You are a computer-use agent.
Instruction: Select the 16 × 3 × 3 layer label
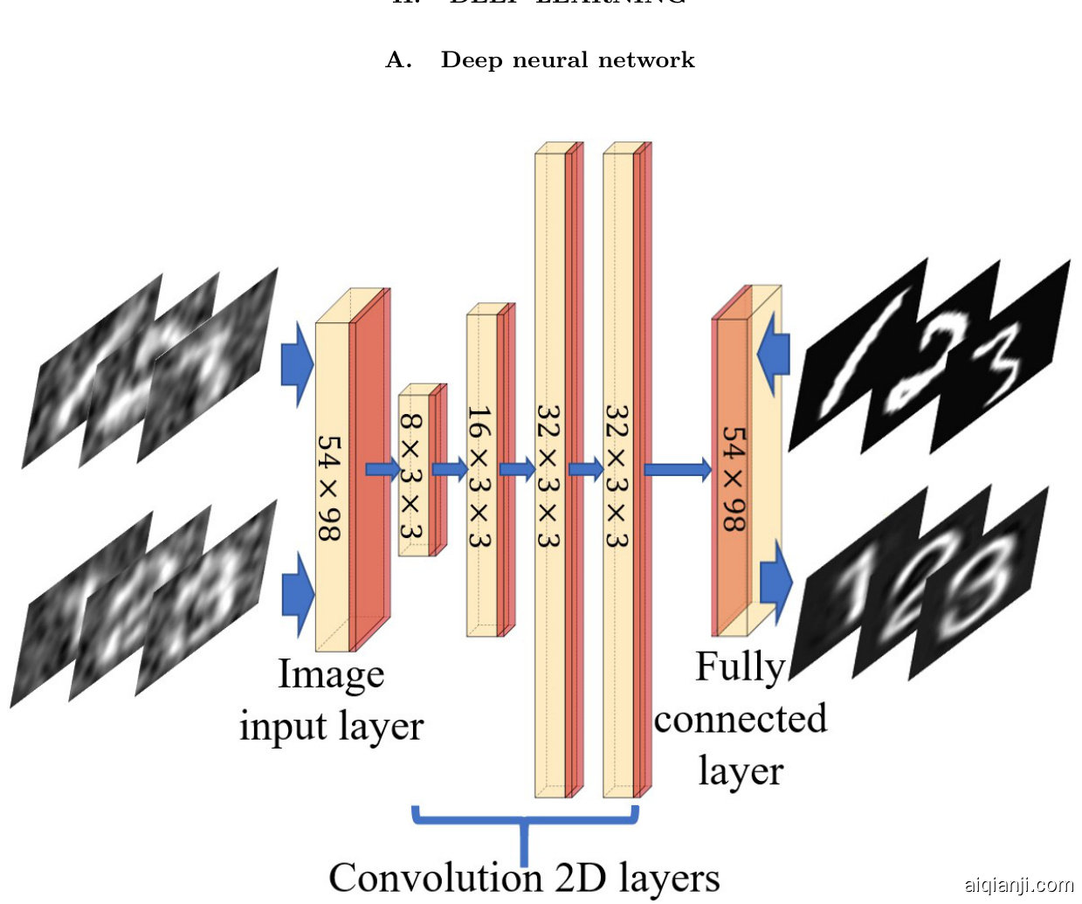(479, 476)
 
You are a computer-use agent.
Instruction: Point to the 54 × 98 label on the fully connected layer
(733, 479)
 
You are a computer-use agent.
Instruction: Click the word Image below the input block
(331, 675)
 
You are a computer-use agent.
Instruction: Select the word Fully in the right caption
(740, 667)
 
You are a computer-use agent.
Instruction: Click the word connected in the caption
(740, 719)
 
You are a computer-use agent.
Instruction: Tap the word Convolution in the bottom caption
(435, 878)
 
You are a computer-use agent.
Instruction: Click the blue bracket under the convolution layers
(525, 825)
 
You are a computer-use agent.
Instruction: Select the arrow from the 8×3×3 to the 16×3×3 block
(450, 470)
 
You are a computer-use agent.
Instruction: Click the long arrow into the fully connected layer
(678, 470)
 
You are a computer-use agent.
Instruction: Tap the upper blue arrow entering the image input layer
(297, 363)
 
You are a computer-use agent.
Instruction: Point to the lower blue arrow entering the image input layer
(297, 594)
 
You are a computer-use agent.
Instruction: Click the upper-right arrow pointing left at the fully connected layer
(774, 355)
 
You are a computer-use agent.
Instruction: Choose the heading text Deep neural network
(568, 60)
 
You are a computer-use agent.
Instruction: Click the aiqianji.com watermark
(1018, 885)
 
